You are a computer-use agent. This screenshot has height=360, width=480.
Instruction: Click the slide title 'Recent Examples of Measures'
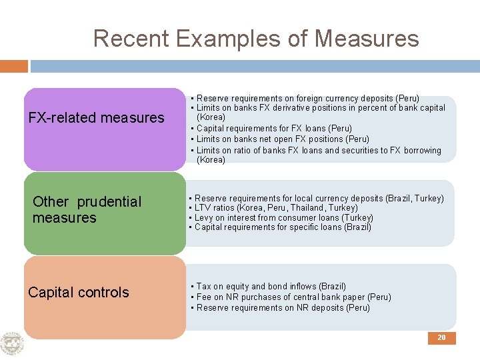256,39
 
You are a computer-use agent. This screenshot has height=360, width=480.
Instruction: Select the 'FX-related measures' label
96,118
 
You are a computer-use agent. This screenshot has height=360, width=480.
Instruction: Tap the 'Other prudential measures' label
87,209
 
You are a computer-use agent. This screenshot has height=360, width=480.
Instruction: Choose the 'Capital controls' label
79,292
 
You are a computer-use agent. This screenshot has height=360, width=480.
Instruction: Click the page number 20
441,338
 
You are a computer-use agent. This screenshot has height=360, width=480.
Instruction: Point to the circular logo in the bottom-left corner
12,344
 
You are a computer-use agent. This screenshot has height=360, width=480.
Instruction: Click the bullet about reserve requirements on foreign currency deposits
307,98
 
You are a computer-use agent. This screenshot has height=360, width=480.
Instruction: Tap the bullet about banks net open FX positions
283,139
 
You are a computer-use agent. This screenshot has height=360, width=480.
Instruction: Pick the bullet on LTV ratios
276,208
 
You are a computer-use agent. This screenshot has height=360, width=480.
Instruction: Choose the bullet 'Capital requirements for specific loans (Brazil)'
283,227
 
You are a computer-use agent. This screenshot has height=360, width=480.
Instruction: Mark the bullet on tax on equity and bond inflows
271,286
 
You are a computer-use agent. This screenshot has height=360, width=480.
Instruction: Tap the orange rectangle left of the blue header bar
14,66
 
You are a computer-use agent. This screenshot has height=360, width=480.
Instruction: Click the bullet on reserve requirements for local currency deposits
319,199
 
